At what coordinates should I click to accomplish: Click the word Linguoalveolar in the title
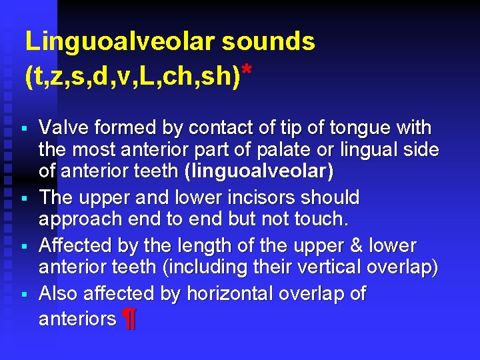pos(119,41)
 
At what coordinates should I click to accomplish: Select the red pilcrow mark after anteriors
pos(129,320)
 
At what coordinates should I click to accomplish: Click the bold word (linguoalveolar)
pos(259,172)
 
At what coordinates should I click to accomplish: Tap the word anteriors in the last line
pos(77,319)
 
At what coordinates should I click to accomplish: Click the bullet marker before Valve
pos(24,127)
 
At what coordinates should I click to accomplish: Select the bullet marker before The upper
pos(24,198)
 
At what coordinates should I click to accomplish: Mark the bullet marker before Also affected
pos(24,294)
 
